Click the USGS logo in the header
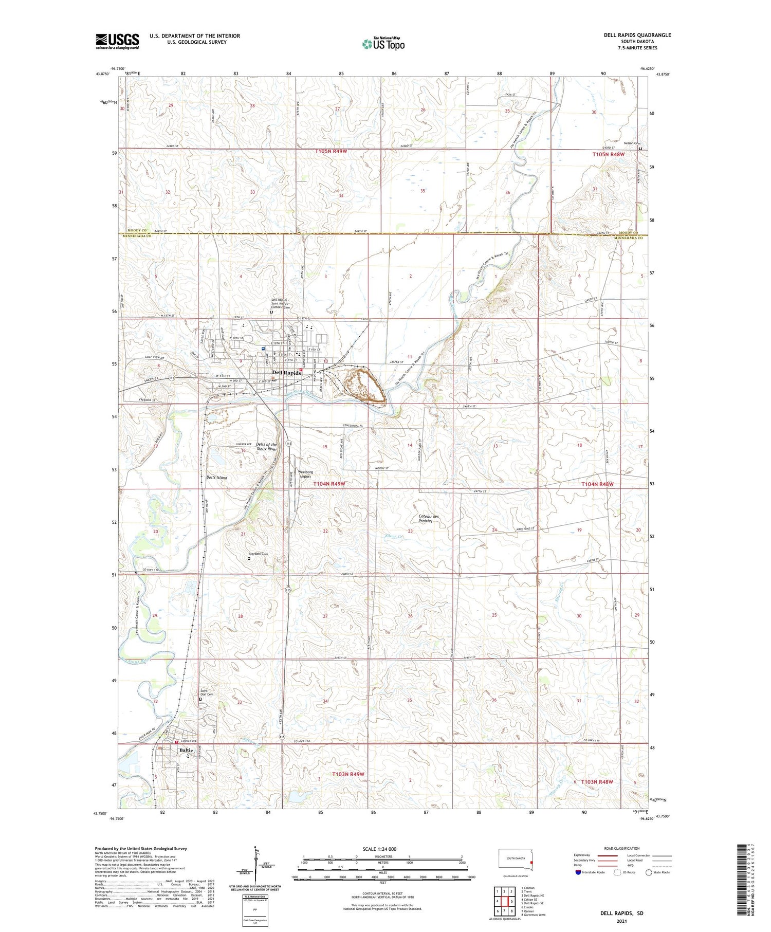pos(117,41)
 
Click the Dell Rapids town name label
pos(286,373)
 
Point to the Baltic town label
pos(186,750)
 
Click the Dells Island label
pos(216,478)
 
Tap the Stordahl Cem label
pos(258,554)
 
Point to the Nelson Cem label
pos(633,143)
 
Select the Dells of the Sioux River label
pos(267,447)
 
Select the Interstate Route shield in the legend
pos(578,872)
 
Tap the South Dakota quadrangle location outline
pos(516,858)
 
